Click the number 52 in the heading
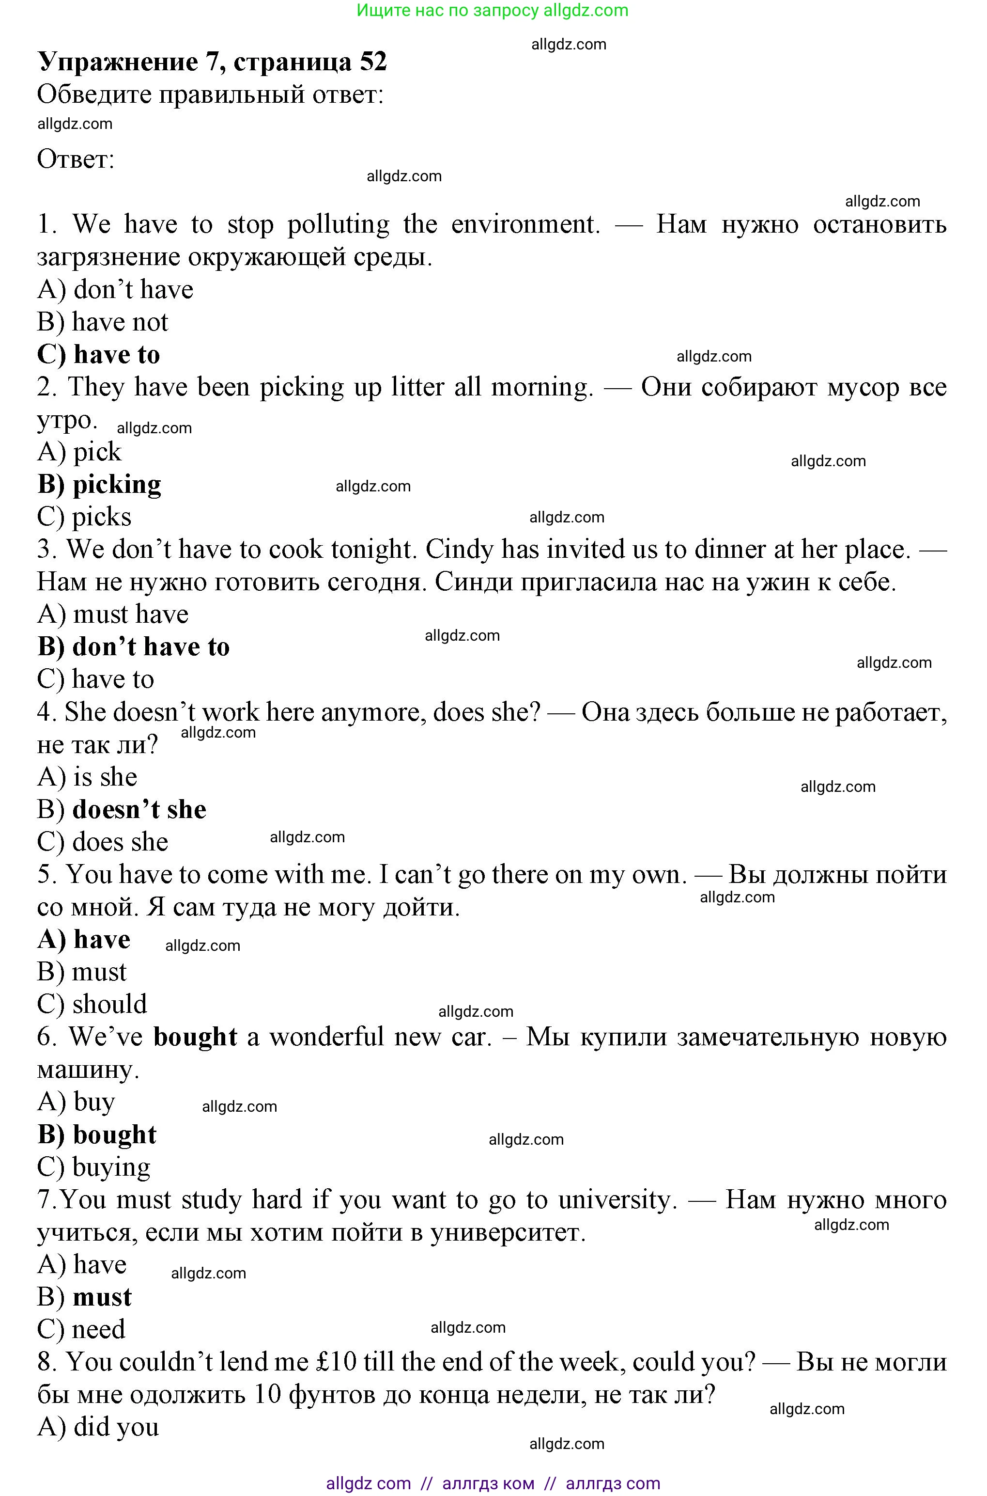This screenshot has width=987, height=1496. pyautogui.click(x=373, y=62)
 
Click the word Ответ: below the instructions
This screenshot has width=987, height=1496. pyautogui.click(x=76, y=159)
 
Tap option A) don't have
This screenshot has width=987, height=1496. pyautogui.click(x=115, y=289)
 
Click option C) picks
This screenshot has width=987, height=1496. pyautogui.click(x=84, y=517)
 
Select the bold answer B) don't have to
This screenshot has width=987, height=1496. pyautogui.click(x=134, y=647)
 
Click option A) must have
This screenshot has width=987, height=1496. pyautogui.click(x=113, y=614)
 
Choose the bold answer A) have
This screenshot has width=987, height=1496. pyautogui.click(x=84, y=939)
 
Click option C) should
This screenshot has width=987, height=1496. pyautogui.click(x=92, y=1004)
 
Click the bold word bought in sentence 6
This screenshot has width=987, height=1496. pyautogui.click(x=195, y=1037)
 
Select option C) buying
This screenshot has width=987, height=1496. pyautogui.click(x=94, y=1167)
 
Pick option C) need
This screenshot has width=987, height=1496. pyautogui.click(x=81, y=1329)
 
